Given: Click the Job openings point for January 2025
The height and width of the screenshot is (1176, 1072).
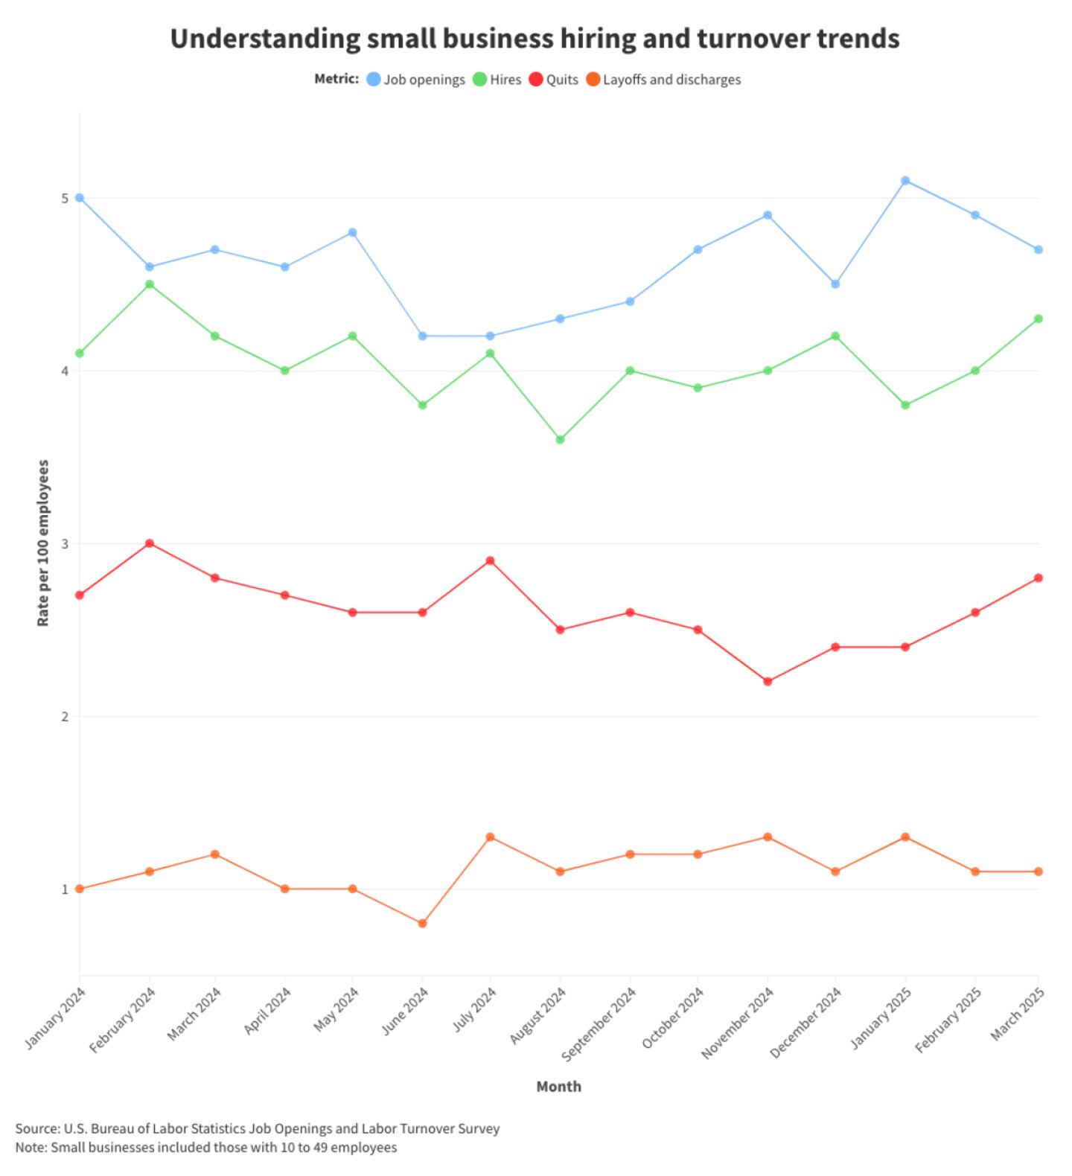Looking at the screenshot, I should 905,181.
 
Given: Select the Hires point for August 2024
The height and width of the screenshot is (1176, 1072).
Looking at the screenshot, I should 560,440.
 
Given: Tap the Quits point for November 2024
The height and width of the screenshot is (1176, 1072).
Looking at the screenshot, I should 768,682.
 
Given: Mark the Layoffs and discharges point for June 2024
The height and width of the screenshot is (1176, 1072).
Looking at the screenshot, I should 423,924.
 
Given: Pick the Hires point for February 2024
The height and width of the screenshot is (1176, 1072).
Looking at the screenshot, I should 150,284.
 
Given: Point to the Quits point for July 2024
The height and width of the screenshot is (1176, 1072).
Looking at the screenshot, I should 490,561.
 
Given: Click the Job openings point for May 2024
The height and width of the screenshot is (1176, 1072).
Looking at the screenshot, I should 353,233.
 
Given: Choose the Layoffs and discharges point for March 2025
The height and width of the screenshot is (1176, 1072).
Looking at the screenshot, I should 1038,872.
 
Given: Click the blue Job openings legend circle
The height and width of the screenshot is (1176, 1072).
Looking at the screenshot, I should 374,80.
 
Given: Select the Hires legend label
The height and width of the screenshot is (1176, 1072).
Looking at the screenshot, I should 505,80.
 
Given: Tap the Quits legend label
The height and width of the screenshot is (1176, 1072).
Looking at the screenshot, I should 562,80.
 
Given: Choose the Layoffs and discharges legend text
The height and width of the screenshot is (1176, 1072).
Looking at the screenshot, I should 671,80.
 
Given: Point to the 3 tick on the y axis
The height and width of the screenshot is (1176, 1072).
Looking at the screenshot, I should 65,544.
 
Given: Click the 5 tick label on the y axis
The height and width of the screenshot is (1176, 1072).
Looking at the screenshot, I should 65,199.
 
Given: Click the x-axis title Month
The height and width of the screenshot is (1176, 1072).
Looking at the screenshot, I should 558,1087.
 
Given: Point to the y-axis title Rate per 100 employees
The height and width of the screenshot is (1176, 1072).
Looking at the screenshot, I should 43,543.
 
